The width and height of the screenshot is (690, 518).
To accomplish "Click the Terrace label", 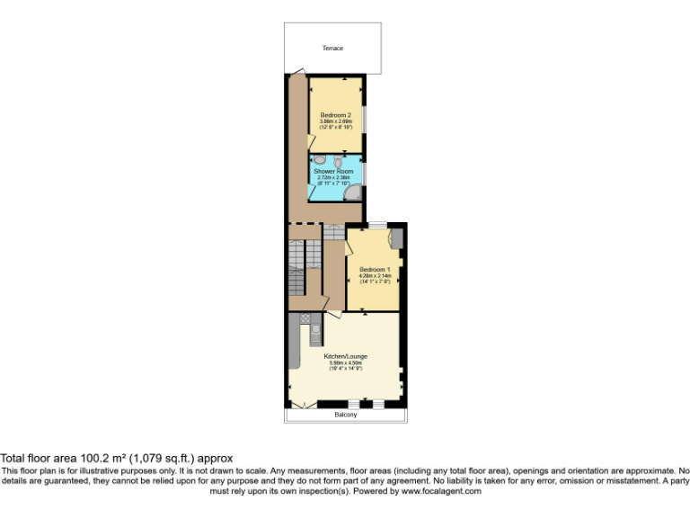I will point(332,48).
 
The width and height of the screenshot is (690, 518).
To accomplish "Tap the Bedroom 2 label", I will point(336,115).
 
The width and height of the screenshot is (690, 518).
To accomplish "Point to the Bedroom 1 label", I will point(375,270).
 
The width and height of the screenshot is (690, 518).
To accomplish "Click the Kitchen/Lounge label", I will point(346,356).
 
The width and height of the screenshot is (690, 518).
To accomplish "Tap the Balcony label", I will point(346,415).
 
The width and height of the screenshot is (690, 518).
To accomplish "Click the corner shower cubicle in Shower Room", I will point(357,191).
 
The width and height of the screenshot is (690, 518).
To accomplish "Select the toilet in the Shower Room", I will point(338,161).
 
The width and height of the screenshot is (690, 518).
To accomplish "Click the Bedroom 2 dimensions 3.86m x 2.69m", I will point(336,121).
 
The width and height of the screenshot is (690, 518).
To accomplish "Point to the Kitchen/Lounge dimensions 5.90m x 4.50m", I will point(346,362).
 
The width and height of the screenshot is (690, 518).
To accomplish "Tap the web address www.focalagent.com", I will point(441,491).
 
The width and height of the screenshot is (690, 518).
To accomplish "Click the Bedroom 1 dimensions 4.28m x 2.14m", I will point(375,276).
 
